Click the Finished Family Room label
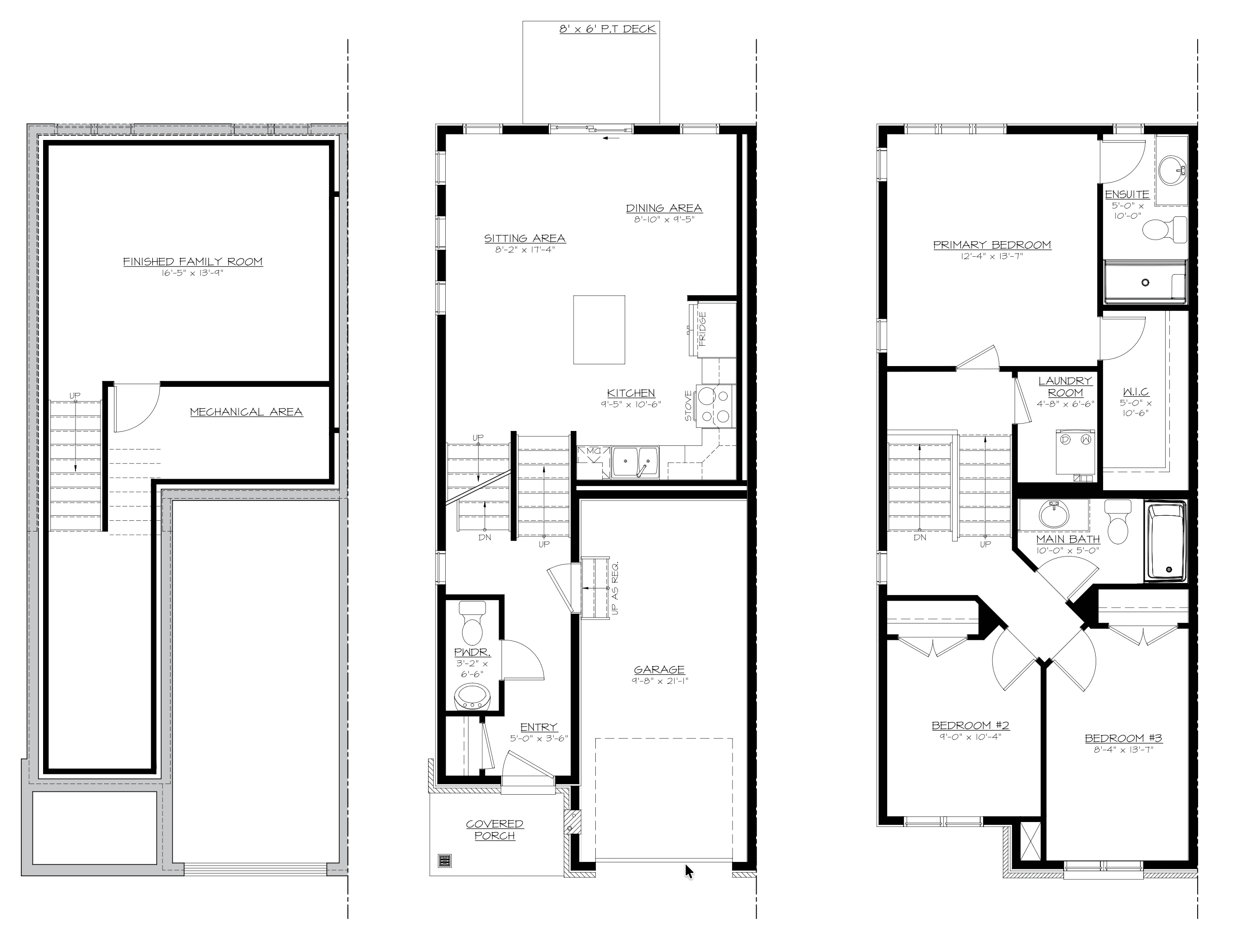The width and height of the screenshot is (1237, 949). coord(193,261)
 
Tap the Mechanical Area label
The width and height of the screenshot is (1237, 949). coord(246,412)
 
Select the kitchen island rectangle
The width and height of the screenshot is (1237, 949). coord(599,330)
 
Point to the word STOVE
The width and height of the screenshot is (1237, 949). coord(688,406)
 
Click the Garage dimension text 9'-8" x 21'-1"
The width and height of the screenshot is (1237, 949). coord(660,681)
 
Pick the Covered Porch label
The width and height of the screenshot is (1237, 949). coord(495,830)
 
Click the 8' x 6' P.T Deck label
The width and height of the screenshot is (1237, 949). coord(608,29)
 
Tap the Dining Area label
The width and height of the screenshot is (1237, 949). coord(664,208)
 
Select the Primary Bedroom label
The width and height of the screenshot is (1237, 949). coord(992,245)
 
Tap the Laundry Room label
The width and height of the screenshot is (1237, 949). coord(1065,386)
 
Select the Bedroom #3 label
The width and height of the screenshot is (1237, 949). coord(1123,738)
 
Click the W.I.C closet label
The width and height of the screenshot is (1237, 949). coord(1136,392)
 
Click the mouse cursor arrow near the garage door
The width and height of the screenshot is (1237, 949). coord(689,872)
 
